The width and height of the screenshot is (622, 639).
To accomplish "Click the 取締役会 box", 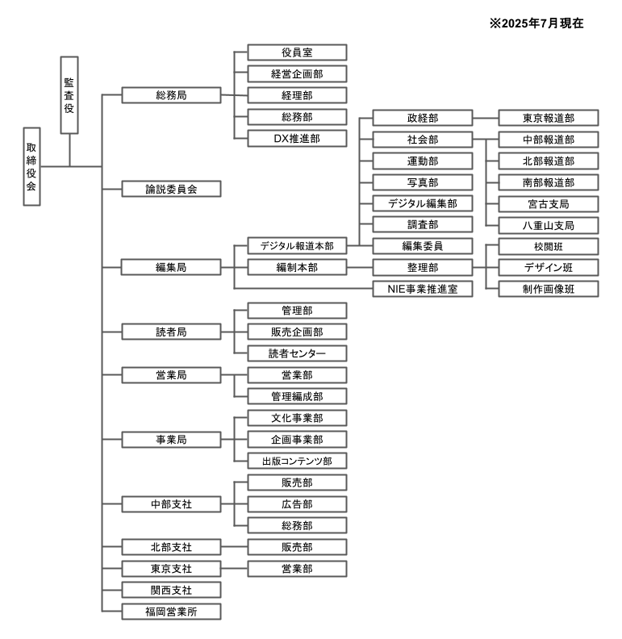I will (x=31, y=167).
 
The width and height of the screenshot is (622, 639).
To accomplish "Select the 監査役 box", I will (x=69, y=94).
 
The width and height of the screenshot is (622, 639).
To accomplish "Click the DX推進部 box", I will (x=297, y=139).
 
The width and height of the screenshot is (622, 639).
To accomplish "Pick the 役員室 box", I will (x=297, y=52).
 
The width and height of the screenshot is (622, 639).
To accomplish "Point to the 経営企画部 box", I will (x=297, y=74).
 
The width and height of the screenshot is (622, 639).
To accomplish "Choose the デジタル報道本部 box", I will (x=297, y=245).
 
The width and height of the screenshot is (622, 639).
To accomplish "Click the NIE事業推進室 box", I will (x=423, y=289).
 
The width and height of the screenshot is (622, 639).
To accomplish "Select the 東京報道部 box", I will (x=549, y=118).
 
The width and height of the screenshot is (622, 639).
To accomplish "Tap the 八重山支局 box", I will (x=549, y=225).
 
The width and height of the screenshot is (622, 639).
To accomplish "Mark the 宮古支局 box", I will (x=549, y=203).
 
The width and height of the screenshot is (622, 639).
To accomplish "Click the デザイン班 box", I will (x=549, y=267).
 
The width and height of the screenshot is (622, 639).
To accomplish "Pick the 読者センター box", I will (x=297, y=353).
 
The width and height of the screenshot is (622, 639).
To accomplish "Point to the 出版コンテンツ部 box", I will (x=297, y=461).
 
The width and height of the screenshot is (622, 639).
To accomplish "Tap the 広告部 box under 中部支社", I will (x=297, y=504).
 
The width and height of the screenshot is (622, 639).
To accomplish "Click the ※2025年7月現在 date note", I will (x=536, y=24).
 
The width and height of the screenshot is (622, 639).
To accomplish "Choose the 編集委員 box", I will (x=423, y=245).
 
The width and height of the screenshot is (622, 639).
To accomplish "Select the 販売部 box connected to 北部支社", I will (x=297, y=547).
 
